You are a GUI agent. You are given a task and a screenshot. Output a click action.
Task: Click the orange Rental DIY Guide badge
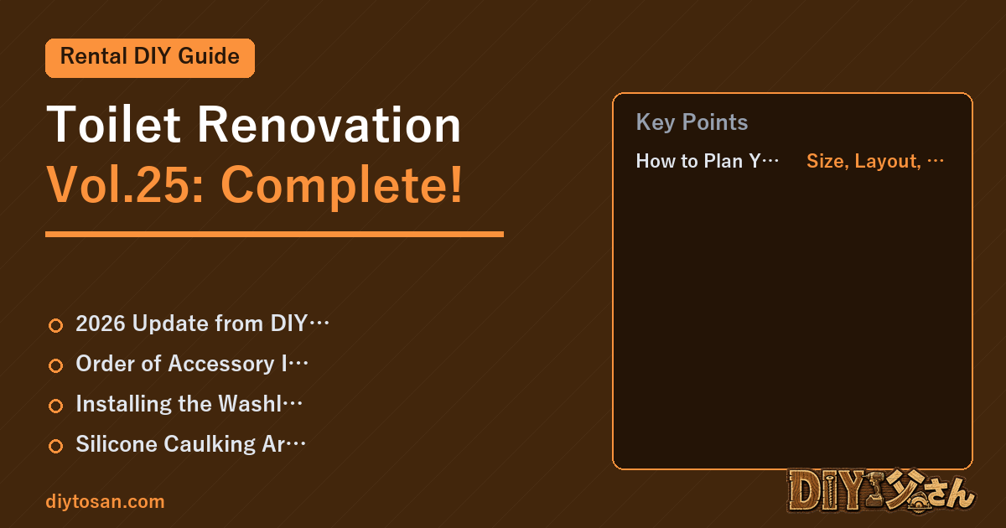(x=150, y=58)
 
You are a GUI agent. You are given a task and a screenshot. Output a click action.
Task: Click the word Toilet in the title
(x=114, y=124)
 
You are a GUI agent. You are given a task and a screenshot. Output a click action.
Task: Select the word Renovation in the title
(x=329, y=124)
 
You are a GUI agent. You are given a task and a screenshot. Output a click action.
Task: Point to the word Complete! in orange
(x=341, y=186)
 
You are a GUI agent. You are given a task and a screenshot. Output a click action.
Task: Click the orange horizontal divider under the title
(x=274, y=234)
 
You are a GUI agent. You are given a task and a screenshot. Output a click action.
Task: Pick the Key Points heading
(x=692, y=122)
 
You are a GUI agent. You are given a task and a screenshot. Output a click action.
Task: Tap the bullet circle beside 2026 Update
(x=55, y=325)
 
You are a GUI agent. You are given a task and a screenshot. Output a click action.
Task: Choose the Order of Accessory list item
(x=192, y=364)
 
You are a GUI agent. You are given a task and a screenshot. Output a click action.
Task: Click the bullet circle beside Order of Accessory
(x=55, y=365)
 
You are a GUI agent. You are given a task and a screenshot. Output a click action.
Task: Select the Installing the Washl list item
(x=189, y=404)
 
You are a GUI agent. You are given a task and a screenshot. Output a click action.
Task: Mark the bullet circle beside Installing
(x=55, y=406)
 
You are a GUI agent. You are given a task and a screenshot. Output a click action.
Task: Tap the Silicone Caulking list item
(x=190, y=444)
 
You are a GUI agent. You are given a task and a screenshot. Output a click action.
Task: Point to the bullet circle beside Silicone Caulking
(x=55, y=446)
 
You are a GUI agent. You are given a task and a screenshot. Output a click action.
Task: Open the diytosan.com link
(x=105, y=501)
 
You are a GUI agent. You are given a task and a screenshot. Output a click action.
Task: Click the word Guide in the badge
(x=209, y=56)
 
